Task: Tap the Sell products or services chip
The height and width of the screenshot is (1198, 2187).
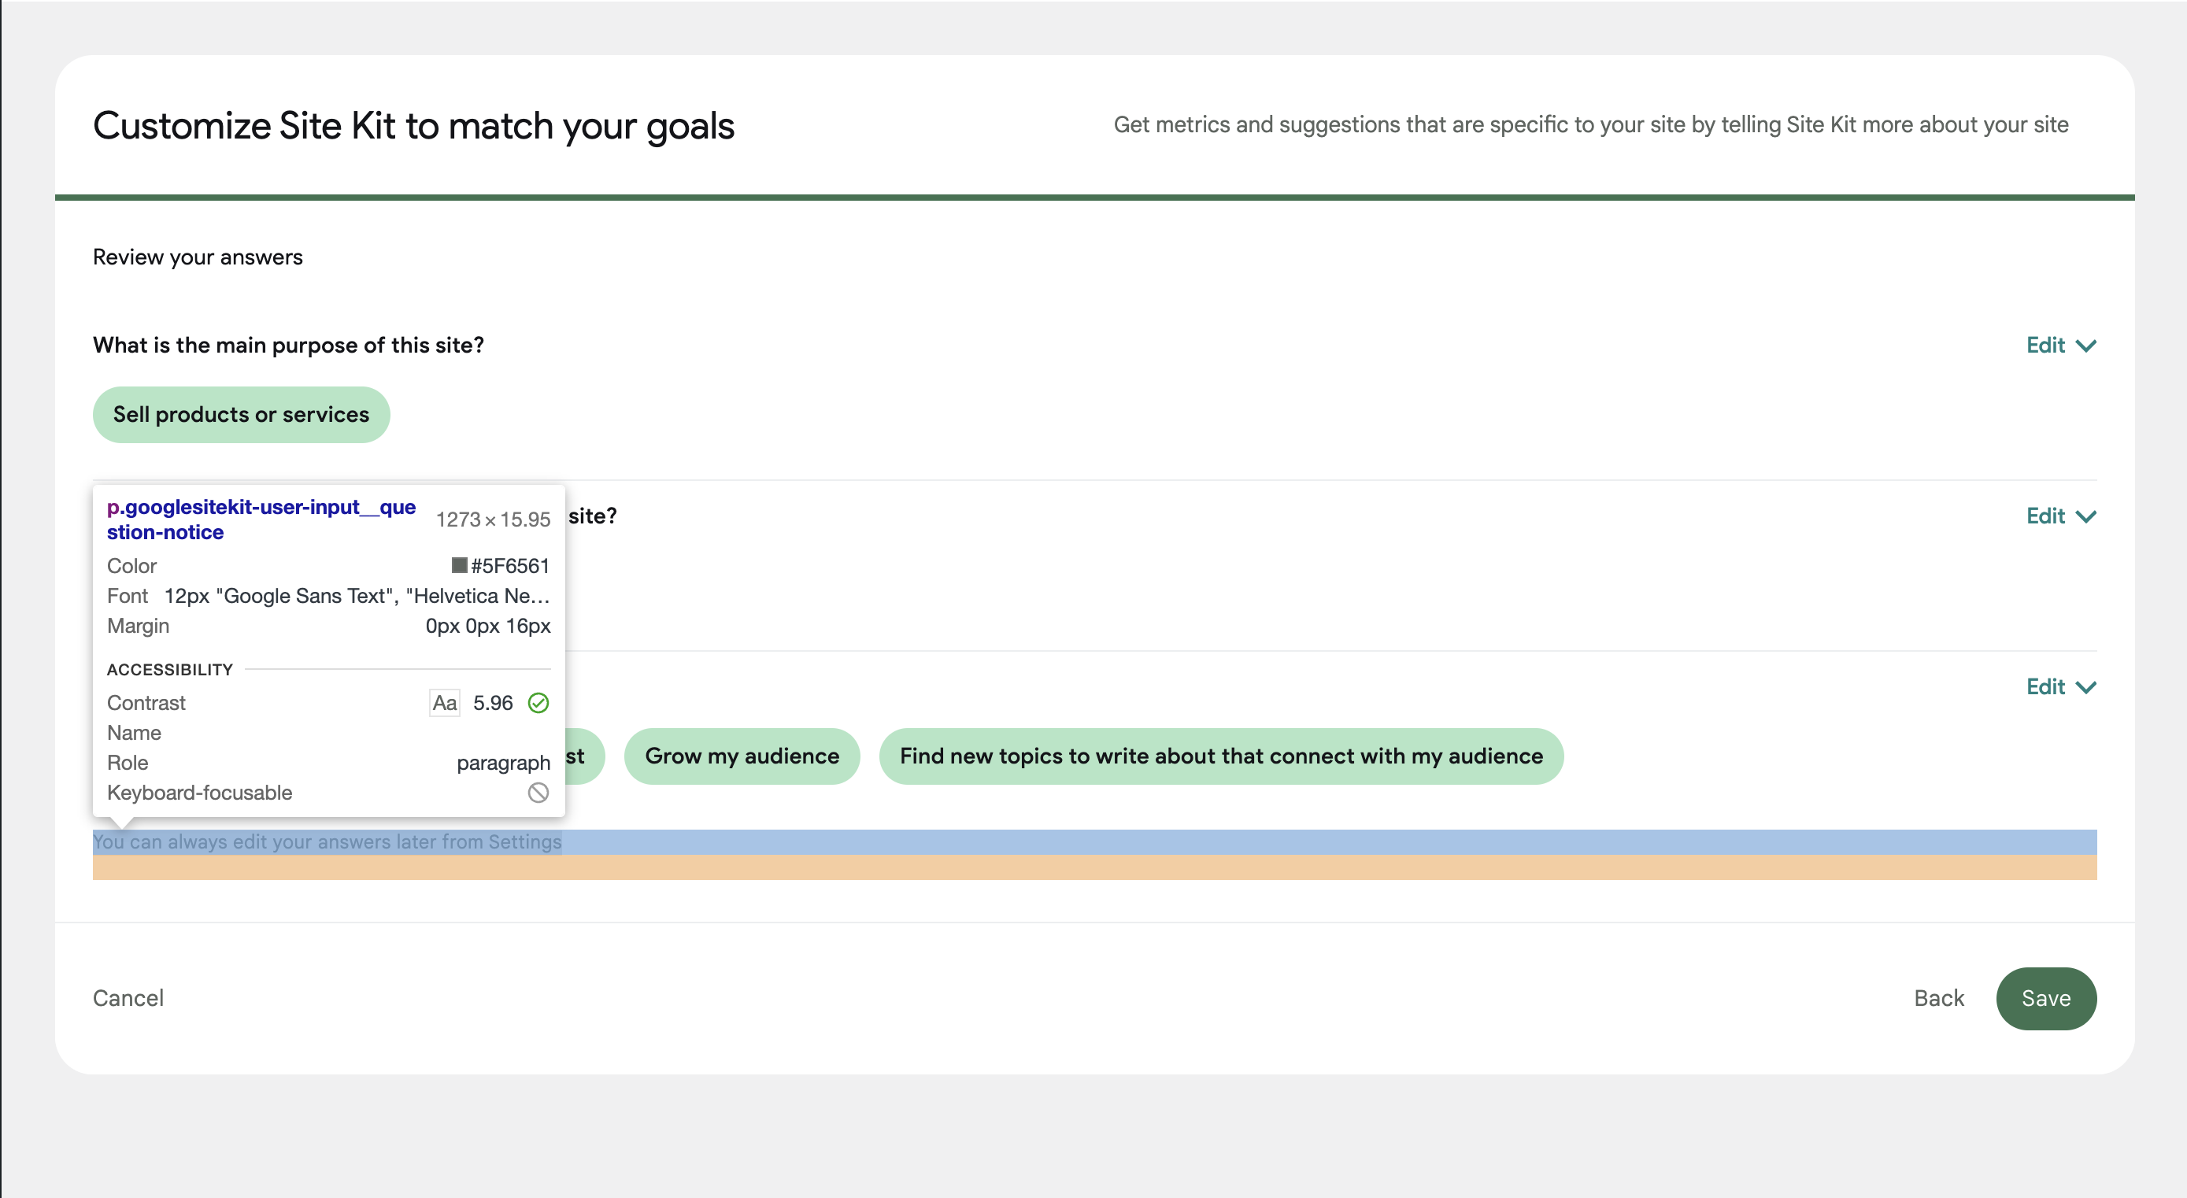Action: (x=241, y=414)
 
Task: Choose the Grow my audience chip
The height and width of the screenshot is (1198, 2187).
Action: (x=741, y=756)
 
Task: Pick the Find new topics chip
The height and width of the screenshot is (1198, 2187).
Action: (x=1220, y=756)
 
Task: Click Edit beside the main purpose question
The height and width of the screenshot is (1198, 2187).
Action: (x=2059, y=346)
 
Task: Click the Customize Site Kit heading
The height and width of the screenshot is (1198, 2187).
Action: (x=413, y=126)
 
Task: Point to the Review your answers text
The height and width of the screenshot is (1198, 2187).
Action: (x=198, y=257)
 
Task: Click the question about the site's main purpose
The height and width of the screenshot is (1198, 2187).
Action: (x=288, y=346)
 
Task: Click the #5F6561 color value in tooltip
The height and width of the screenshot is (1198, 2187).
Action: (x=509, y=565)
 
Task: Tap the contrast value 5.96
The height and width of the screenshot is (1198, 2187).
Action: (x=492, y=703)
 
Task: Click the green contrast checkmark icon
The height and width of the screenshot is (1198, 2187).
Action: (x=538, y=703)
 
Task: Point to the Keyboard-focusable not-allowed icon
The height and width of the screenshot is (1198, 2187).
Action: (x=538, y=792)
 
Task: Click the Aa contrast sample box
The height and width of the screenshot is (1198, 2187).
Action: (x=445, y=703)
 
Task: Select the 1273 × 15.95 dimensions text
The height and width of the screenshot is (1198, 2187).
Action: (x=492, y=519)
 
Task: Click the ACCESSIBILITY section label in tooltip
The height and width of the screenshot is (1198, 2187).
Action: (x=170, y=670)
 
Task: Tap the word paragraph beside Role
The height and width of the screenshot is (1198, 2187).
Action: (x=502, y=763)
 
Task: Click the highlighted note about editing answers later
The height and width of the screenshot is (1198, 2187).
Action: (x=327, y=841)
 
